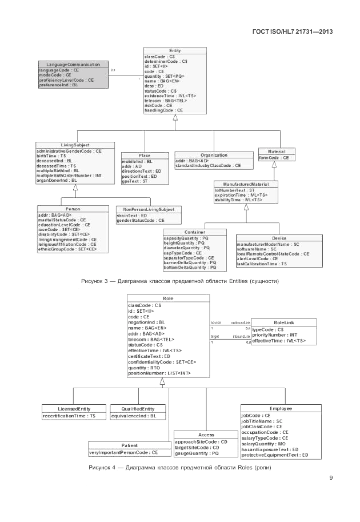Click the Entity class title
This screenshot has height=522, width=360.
coord(175,51)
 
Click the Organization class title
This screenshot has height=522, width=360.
coord(214,155)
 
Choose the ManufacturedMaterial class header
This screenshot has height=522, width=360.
coord(246,185)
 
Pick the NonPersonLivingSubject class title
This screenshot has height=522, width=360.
coord(149,209)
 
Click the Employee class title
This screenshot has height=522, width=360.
coord(281,409)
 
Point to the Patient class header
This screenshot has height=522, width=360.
coord(130,445)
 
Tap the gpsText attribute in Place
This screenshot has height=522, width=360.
coord(135,181)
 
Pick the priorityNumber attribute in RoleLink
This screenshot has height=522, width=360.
coord(275,335)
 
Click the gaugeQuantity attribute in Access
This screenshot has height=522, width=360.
coord(197,453)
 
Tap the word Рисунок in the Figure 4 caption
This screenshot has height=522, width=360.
coord(100,468)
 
